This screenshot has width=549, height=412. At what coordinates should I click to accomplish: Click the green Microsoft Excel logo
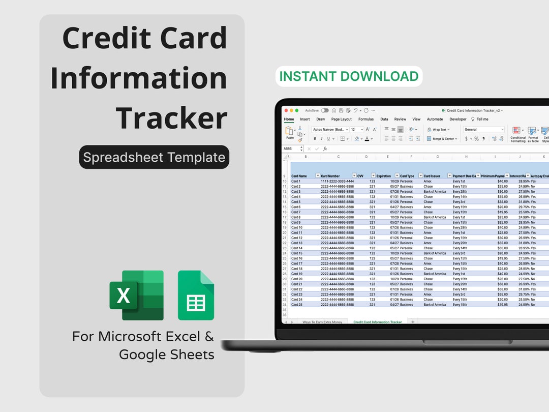pos(136,295)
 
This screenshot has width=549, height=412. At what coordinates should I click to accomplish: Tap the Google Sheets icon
pos(196,295)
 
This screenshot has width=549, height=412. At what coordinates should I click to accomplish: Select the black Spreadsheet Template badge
pos(154,157)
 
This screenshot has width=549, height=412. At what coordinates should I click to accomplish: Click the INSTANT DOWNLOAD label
pos(349,76)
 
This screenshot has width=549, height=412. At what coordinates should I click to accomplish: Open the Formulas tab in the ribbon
pos(365,119)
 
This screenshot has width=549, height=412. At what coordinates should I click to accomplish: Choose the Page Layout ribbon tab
pos(342,119)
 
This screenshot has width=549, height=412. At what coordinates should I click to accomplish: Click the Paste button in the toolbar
pos(290,132)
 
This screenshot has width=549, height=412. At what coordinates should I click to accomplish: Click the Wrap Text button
pos(438,130)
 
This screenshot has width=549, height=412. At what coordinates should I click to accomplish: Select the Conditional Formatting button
pos(517,134)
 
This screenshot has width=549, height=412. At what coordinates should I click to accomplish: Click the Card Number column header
pos(330,176)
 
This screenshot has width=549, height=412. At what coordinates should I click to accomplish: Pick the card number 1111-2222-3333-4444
pos(337,181)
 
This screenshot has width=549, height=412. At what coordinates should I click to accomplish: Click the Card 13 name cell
pos(297,243)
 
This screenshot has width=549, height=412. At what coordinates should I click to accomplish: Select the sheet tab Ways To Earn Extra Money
pos(322,322)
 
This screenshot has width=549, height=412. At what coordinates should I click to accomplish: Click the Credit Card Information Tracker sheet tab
pos(377,322)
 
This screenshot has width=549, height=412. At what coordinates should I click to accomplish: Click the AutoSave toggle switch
pos(324,110)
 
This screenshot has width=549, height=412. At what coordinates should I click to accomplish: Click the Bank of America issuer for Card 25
pos(435,305)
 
